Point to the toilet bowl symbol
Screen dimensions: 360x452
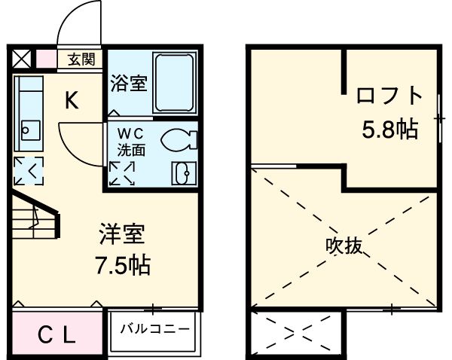(x=179, y=139)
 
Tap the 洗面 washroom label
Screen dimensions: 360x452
(x=127, y=149)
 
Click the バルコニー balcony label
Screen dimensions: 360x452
(x=154, y=329)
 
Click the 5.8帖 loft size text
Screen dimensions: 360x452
(x=389, y=129)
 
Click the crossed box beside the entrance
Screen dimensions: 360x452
(x=20, y=57)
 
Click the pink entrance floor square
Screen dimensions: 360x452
(x=46, y=58)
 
